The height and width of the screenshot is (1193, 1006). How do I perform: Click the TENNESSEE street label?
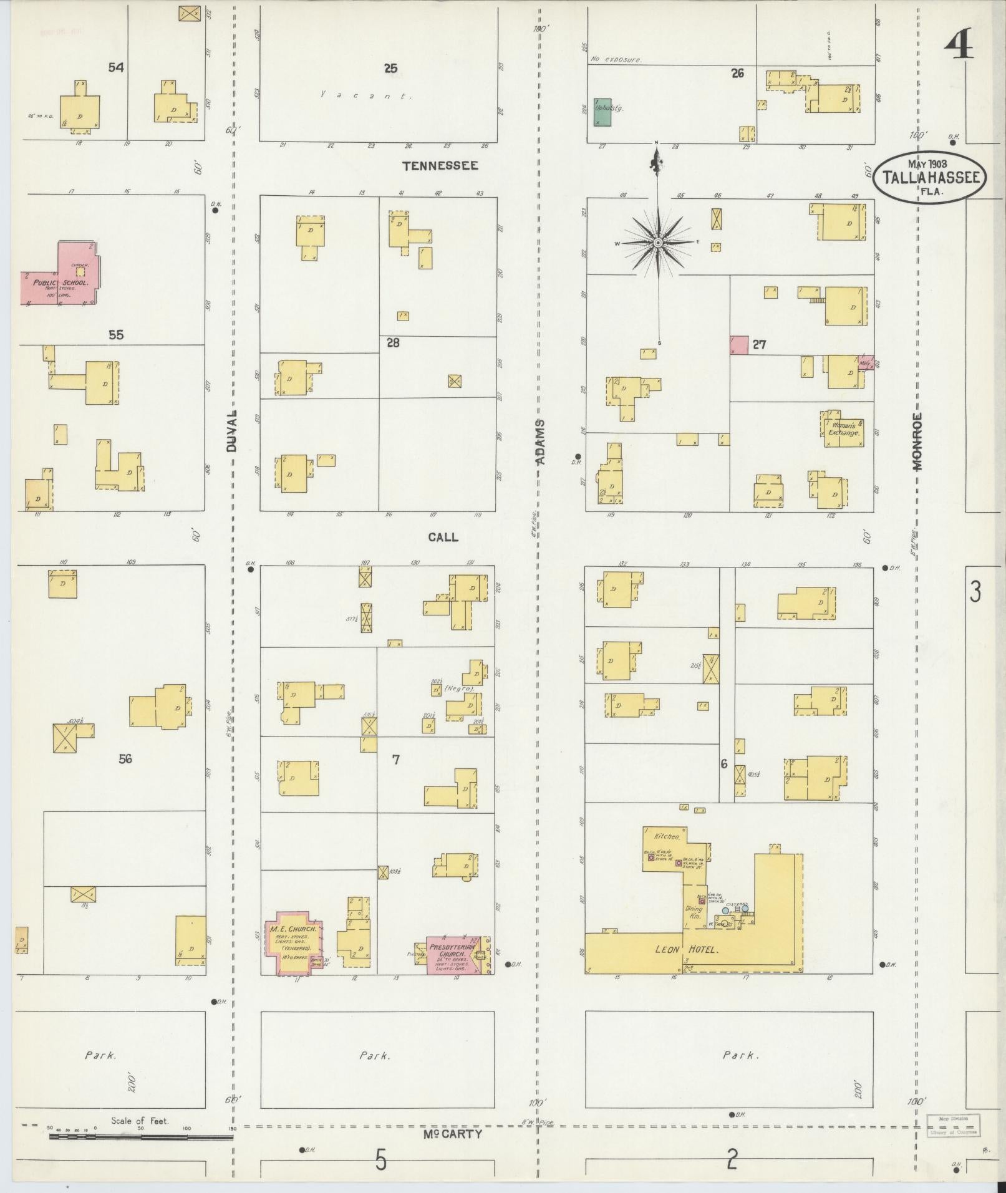pos(440,166)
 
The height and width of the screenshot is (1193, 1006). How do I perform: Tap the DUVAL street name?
pos(232,431)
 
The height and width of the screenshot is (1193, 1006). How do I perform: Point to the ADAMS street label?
pos(541,442)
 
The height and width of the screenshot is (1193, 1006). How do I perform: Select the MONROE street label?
pos(917,440)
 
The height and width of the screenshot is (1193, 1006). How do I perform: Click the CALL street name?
pos(443,537)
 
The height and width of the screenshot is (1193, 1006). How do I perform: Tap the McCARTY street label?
pos(452,1134)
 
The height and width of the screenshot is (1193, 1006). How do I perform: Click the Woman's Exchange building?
pos(845,429)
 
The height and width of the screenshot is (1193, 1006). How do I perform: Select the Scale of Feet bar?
pos(140,1136)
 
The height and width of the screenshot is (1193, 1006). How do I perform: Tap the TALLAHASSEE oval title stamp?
pos(929,178)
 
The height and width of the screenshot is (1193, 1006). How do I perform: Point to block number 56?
pos(125,759)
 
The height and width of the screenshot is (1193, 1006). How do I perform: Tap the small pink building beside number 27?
pos(738,345)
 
